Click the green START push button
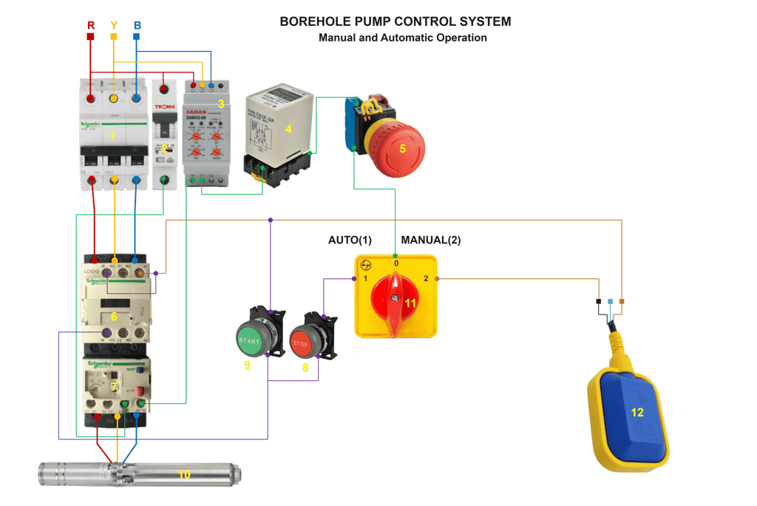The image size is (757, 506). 249,340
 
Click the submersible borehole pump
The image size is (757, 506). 140,473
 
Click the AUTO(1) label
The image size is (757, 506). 350,240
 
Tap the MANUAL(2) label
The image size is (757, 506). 431,240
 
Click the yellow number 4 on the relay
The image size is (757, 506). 288,129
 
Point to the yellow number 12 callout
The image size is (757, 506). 637,413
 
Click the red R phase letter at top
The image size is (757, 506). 91,24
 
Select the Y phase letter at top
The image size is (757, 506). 113,24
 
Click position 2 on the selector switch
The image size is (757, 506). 426,279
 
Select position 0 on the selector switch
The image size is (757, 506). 396,263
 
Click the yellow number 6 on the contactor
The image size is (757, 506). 114,317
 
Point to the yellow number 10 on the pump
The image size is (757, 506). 183,474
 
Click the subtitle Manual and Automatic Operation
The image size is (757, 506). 402,38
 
